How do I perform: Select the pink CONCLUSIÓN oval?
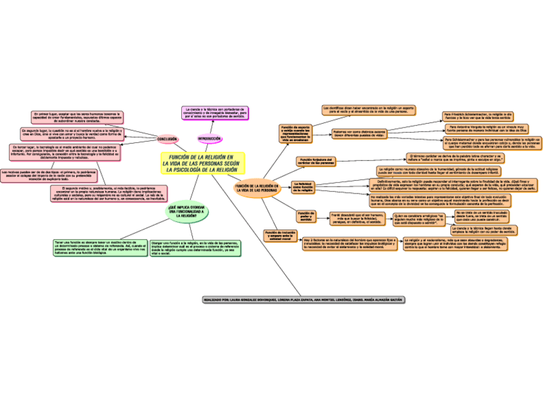coord(167,138)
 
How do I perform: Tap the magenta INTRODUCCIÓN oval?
coord(209,138)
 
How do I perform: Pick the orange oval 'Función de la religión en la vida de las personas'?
coord(257,188)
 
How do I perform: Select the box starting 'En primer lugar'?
coord(77,117)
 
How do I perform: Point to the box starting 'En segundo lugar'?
coord(71,133)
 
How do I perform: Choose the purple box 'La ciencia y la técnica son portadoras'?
coord(214,113)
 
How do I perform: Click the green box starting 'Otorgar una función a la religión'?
coord(195,247)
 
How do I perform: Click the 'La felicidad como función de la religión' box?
coord(304,187)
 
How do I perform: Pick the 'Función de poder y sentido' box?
coord(305,216)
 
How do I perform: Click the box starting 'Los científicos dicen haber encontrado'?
coord(369,110)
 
